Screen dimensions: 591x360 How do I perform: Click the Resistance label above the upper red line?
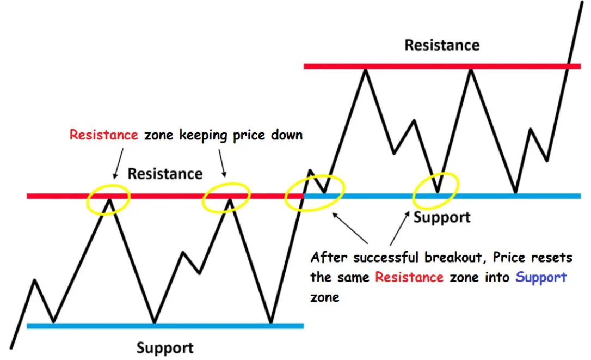(442, 45)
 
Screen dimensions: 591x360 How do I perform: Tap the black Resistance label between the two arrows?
(165, 174)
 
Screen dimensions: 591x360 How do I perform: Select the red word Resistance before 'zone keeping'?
(103, 135)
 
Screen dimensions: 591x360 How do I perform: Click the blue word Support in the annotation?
(541, 277)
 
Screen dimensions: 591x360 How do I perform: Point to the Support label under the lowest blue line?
(165, 347)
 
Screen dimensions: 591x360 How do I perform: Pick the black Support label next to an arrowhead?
(442, 217)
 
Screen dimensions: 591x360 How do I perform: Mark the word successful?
(386, 258)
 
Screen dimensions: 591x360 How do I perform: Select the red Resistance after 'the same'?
(409, 277)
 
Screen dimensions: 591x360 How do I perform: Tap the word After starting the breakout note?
(329, 258)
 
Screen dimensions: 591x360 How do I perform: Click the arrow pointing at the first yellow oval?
(118, 163)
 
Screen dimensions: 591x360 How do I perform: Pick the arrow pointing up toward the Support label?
(399, 228)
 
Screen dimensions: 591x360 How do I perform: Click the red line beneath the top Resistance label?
(442, 66)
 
